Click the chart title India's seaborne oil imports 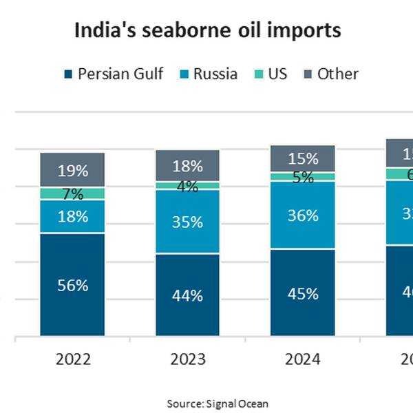tap(206, 31)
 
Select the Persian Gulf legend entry tap(113, 74)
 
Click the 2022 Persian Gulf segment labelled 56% tap(72, 285)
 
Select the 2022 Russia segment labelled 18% tap(72, 217)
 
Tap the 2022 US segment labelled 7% tap(72, 193)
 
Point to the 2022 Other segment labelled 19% tap(72, 169)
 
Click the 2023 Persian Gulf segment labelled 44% tap(187, 295)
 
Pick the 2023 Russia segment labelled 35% tap(187, 222)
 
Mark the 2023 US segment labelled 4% tap(187, 186)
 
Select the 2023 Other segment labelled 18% tap(187, 166)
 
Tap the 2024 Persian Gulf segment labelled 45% tap(302, 293)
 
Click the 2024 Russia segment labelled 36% tap(302, 215)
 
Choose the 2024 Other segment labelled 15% tap(302, 158)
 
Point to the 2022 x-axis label tap(72, 359)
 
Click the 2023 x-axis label tap(187, 359)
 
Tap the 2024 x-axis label tap(302, 359)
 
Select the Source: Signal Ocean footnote tap(218, 403)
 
